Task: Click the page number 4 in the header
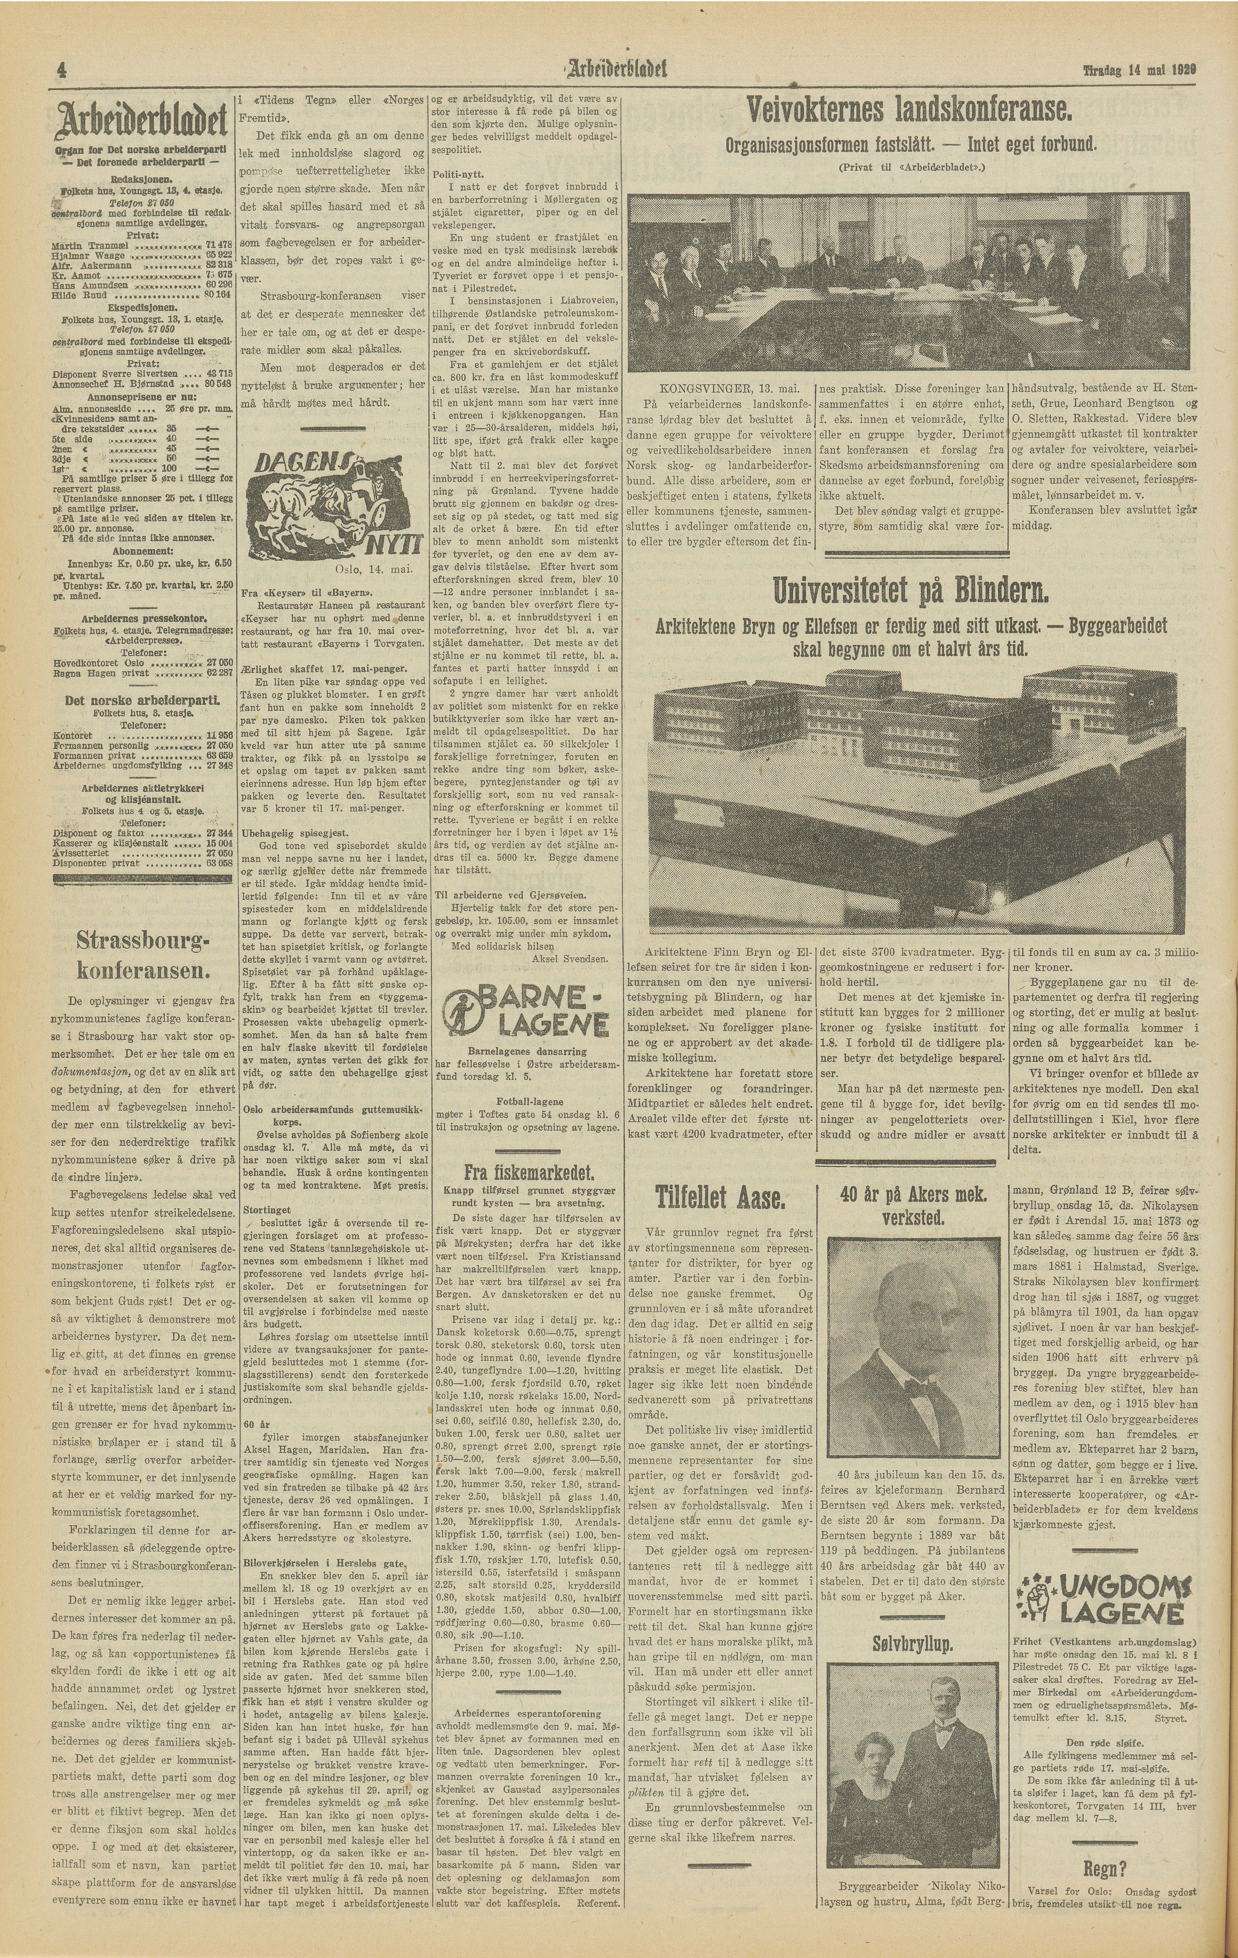[x=61, y=71]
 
